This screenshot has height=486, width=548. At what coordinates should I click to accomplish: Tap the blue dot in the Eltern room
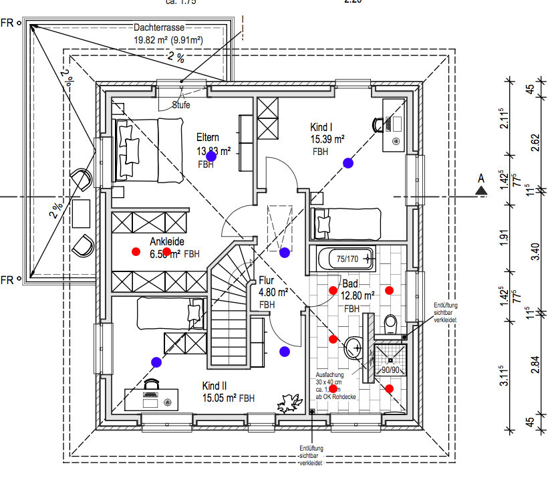tap(211, 156)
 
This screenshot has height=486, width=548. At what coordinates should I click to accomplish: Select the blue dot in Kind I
tap(348, 162)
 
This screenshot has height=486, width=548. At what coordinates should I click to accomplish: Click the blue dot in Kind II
tap(156, 362)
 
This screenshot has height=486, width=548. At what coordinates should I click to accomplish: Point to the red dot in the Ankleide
tap(136, 252)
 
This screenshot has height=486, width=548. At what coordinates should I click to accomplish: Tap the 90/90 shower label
tap(390, 368)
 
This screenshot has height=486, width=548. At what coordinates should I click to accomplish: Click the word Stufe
tap(181, 105)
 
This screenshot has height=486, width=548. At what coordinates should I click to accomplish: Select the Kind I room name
tap(321, 127)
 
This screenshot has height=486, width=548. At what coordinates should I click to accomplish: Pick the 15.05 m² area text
tap(219, 398)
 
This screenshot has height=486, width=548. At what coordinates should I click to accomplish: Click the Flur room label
tap(267, 281)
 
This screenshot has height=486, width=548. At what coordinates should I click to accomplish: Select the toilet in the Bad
tap(391, 324)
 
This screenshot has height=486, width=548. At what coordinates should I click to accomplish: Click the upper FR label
tap(7, 23)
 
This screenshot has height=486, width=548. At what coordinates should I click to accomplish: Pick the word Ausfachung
tap(329, 375)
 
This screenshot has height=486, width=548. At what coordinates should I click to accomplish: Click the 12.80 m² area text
tap(358, 294)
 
